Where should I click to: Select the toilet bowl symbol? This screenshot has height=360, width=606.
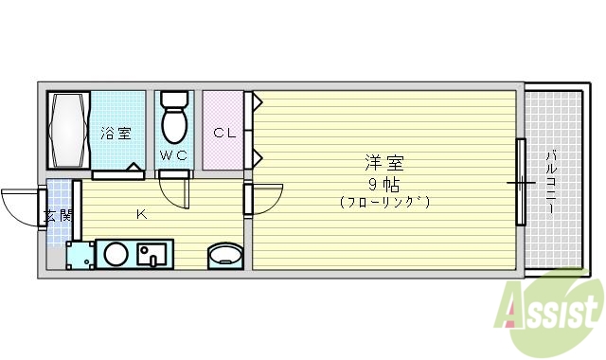click(x=174, y=118)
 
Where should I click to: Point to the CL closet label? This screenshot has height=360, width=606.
click(x=223, y=134)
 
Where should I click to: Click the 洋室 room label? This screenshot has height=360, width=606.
click(x=383, y=161)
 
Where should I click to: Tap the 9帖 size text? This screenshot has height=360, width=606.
click(x=383, y=181)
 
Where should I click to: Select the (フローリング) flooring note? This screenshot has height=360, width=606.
click(x=383, y=201)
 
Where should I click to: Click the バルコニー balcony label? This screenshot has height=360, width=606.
click(x=550, y=180)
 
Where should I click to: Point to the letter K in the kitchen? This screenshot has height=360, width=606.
click(x=140, y=214)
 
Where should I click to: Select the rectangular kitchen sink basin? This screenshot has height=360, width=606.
click(x=151, y=254)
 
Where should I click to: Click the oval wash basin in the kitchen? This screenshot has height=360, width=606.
click(x=225, y=255)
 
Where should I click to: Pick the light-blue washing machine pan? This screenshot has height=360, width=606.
click(x=80, y=254)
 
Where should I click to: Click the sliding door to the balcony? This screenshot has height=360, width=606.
click(x=520, y=181)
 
